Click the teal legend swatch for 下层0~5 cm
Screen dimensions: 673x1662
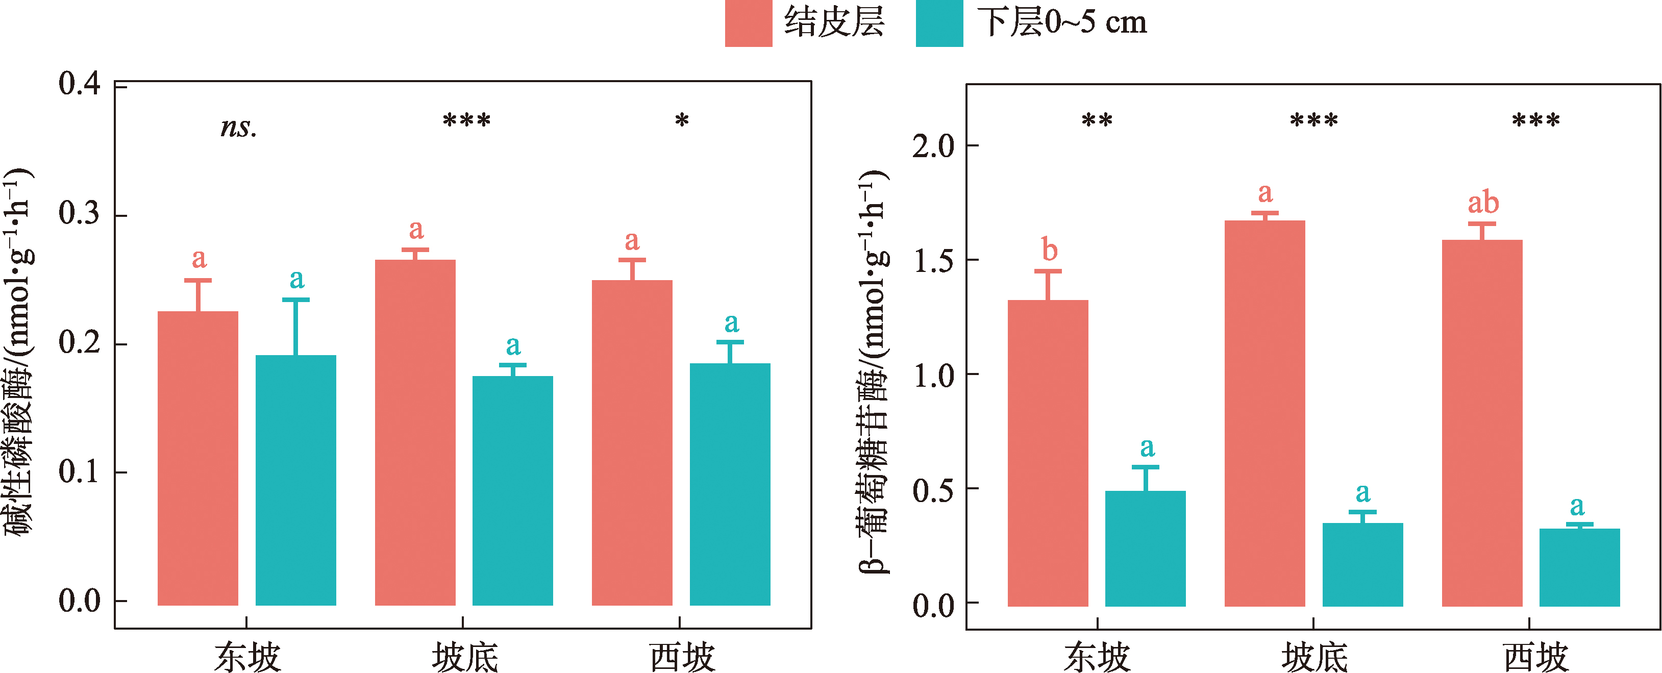pos(939,23)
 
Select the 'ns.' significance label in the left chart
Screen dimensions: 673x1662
pos(238,127)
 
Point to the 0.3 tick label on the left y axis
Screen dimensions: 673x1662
pos(80,214)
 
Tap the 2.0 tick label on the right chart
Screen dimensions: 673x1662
pos(933,146)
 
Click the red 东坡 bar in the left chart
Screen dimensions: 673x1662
pos(198,458)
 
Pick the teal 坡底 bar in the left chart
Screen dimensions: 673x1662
pos(512,490)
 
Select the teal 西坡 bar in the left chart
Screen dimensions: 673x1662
pos(730,483)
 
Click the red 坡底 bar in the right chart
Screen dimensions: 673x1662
pos(1264,413)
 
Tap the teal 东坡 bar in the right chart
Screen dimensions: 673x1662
pos(1145,548)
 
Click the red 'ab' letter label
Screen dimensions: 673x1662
pos(1483,203)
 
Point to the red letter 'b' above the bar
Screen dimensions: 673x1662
pos(1049,250)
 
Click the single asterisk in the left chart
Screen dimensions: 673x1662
pos(682,120)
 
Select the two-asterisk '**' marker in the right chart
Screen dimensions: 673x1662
pos(1097,120)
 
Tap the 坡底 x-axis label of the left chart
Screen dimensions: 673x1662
pos(464,657)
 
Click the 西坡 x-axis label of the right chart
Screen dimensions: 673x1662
pos(1535,657)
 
